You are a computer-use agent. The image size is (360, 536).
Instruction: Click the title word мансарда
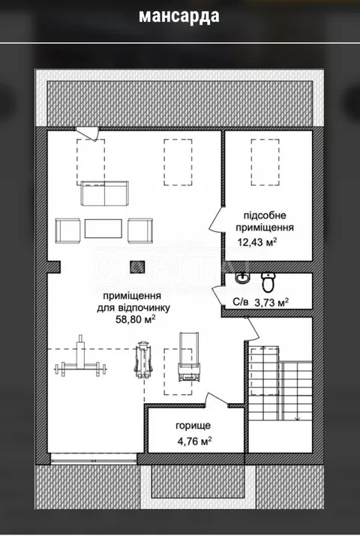[179, 16]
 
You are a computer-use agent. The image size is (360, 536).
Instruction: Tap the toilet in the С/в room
[268, 282]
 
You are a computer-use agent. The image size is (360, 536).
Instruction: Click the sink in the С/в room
[242, 278]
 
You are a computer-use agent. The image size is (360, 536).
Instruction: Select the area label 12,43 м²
[256, 242]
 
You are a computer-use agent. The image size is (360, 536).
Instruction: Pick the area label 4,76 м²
[194, 441]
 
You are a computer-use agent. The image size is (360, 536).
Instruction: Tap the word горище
[193, 426]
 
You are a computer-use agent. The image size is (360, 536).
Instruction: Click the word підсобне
[265, 215]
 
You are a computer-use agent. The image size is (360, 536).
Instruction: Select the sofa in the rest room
[104, 194]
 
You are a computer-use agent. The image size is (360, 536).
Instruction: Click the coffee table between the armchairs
[103, 229]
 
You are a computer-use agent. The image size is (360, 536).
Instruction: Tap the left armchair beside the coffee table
[68, 230]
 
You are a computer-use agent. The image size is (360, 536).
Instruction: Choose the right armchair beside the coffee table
[140, 230]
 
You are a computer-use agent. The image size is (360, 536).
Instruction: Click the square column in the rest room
[137, 266]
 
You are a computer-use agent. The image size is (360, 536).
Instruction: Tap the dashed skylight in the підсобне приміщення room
[265, 162]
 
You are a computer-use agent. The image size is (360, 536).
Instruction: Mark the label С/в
[241, 303]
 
